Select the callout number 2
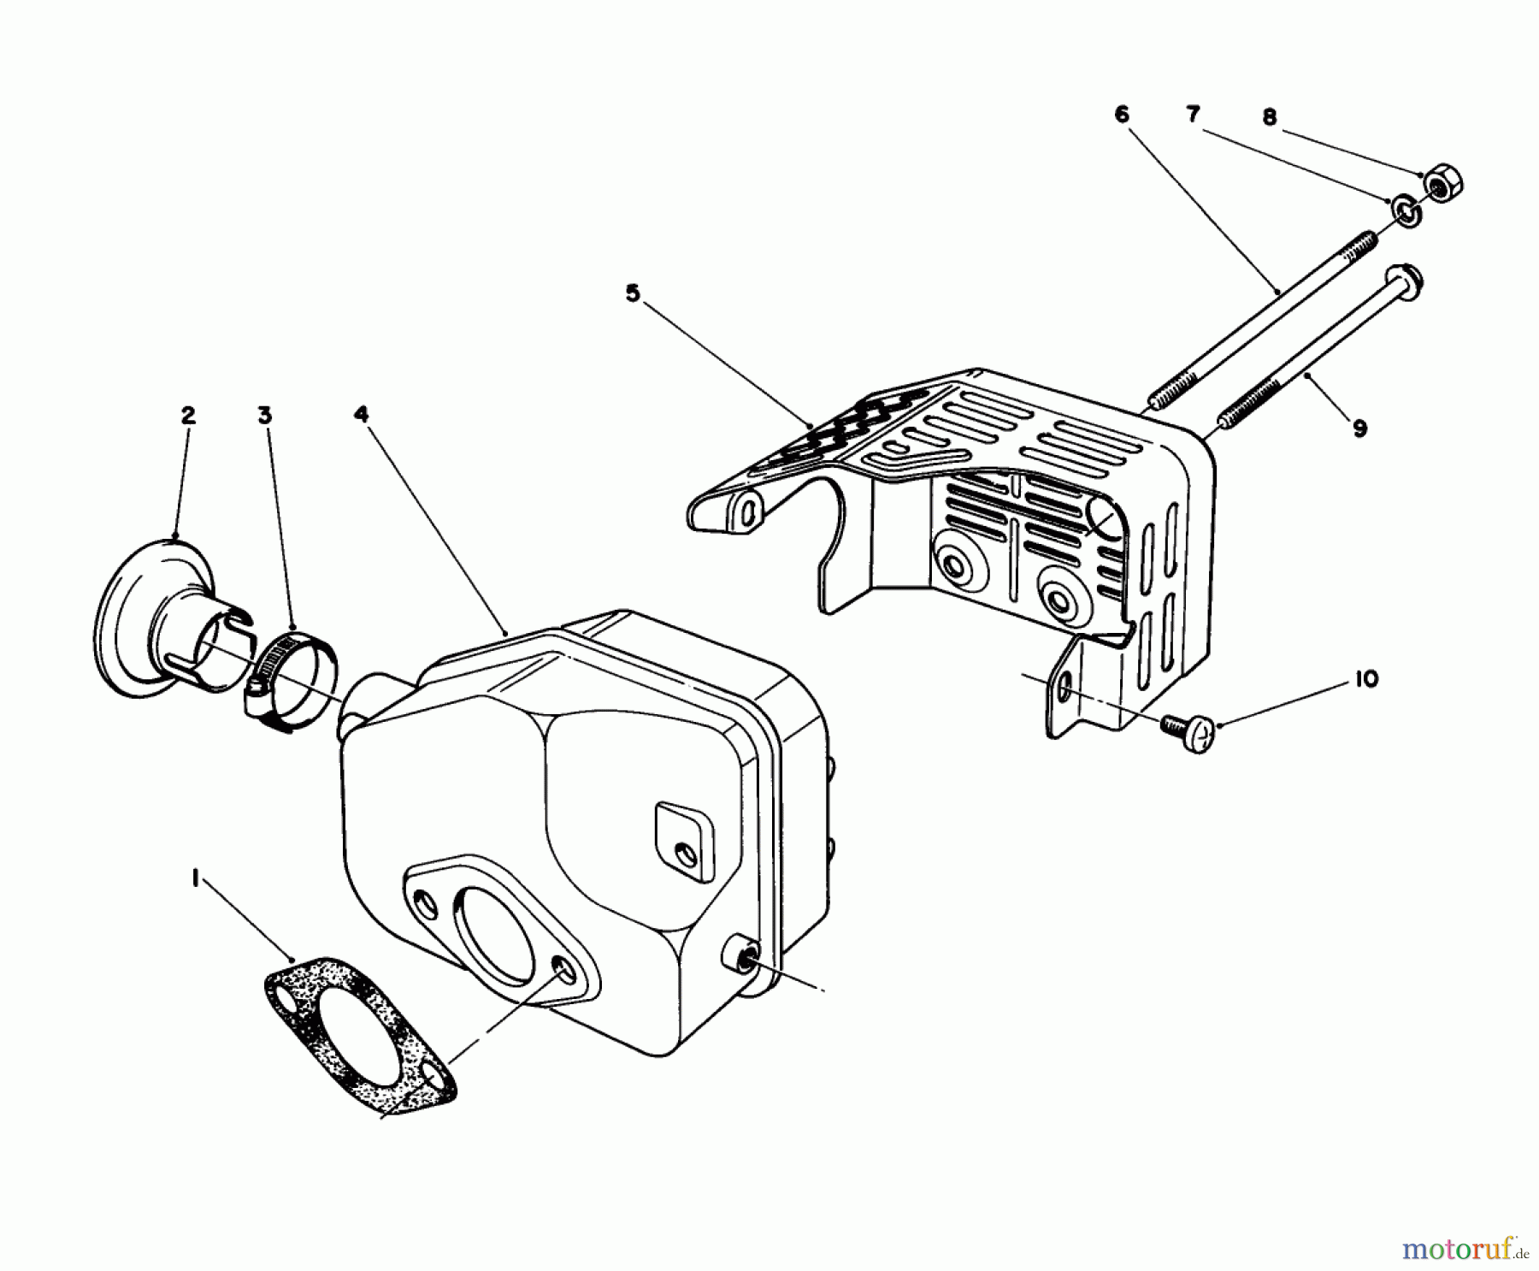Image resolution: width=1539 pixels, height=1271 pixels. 187,416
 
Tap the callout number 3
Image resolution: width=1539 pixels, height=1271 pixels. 264,416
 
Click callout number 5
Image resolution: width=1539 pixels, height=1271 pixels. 632,293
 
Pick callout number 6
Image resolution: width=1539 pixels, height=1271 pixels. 1122,115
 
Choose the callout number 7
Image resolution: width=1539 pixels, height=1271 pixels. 1193,114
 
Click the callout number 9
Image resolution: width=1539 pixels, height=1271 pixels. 1359,428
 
